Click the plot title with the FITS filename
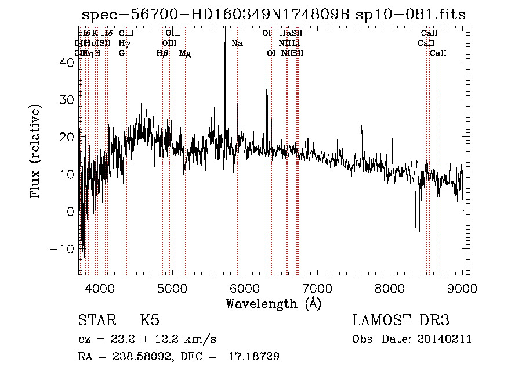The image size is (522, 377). click(x=273, y=15)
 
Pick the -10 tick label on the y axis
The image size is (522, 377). click(x=64, y=249)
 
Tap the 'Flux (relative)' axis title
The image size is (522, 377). click(x=36, y=152)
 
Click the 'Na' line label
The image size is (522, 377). click(x=237, y=43)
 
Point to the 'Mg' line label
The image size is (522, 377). click(x=185, y=53)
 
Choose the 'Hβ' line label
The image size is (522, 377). click(x=162, y=53)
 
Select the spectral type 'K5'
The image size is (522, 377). click(x=150, y=321)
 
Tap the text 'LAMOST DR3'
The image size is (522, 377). click(x=401, y=321)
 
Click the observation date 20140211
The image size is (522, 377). click(x=445, y=339)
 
